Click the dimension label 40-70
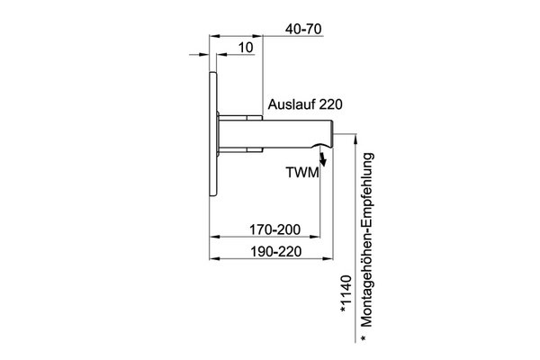[303, 29]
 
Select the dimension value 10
[246, 48]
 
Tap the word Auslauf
[291, 104]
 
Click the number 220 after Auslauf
[330, 104]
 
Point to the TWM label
[302, 172]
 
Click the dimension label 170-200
[274, 229]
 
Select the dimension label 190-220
[275, 252]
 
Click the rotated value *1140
[346, 293]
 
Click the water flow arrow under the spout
[323, 159]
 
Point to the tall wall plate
[212, 134]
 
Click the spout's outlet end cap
[332, 134]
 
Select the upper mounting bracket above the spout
[240, 118]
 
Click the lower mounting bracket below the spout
[240, 150]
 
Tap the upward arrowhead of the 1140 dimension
[355, 139]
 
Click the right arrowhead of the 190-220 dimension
[328, 258]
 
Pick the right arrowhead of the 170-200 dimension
[315, 237]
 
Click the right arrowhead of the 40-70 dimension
[257, 36]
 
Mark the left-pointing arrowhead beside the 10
[221, 54]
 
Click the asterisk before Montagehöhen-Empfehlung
[364, 338]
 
